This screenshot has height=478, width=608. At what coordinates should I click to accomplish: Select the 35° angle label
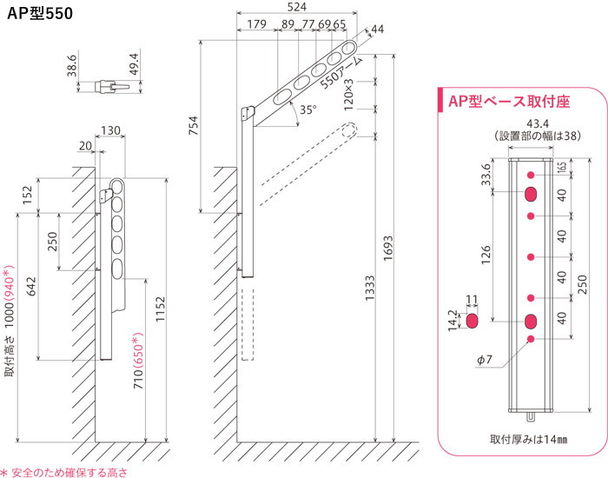pos(307,110)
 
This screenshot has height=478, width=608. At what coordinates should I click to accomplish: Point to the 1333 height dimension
pos(369,286)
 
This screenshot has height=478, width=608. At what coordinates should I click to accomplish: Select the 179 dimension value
pos(255,25)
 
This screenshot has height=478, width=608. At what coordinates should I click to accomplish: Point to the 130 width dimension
pos(110,130)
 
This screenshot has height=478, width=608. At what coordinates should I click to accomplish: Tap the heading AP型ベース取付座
pos(508,101)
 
